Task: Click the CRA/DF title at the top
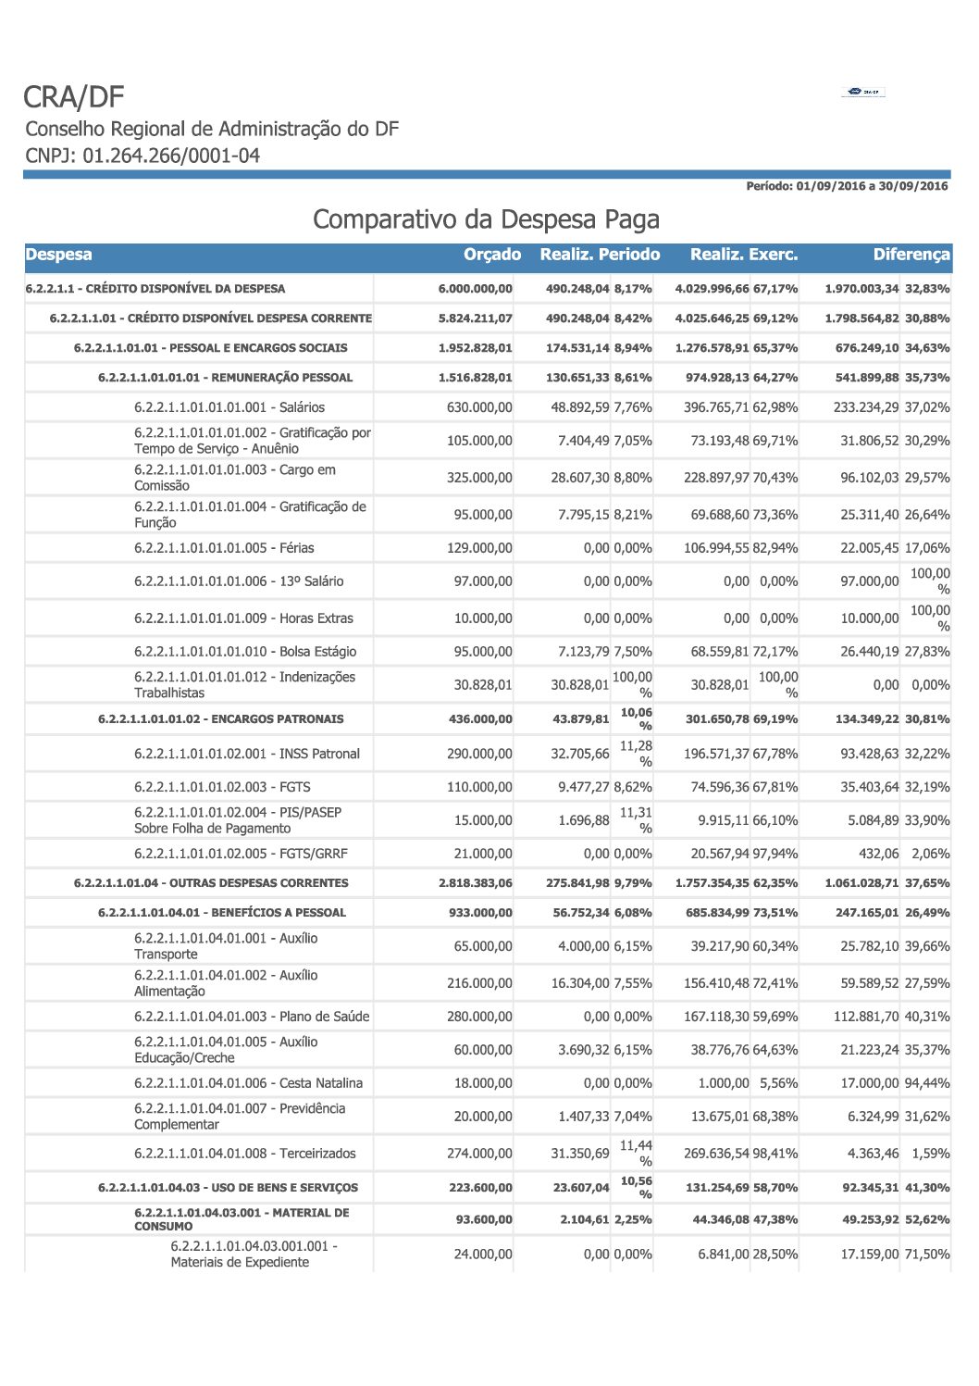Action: click(73, 97)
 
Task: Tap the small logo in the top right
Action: click(862, 92)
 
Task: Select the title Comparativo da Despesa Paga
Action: click(486, 219)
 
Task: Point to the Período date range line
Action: click(847, 186)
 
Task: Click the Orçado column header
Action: click(491, 255)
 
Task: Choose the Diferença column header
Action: click(911, 255)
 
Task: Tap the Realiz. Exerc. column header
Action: click(743, 255)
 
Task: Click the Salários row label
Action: click(229, 407)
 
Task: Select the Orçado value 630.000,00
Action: click(479, 407)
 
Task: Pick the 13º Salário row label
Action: click(238, 581)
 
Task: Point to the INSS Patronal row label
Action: click(246, 754)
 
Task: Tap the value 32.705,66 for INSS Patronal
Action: click(580, 754)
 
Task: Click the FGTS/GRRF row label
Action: click(241, 854)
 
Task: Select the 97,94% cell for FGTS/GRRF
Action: click(775, 854)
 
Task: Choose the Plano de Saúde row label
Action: click(252, 1017)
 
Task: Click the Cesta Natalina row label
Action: click(248, 1083)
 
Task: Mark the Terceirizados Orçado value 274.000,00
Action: click(479, 1154)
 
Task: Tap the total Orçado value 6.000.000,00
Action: click(475, 289)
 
